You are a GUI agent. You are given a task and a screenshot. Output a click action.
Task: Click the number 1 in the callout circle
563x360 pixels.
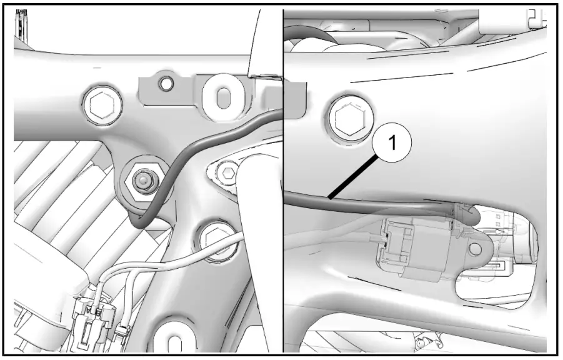tap(392, 143)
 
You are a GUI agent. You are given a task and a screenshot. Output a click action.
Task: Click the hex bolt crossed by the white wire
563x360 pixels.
tap(217, 241)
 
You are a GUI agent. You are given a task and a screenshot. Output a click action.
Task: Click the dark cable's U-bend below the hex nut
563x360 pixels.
tap(139, 219)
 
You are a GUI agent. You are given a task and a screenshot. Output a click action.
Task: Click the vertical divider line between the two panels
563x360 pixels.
tap(283, 181)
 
